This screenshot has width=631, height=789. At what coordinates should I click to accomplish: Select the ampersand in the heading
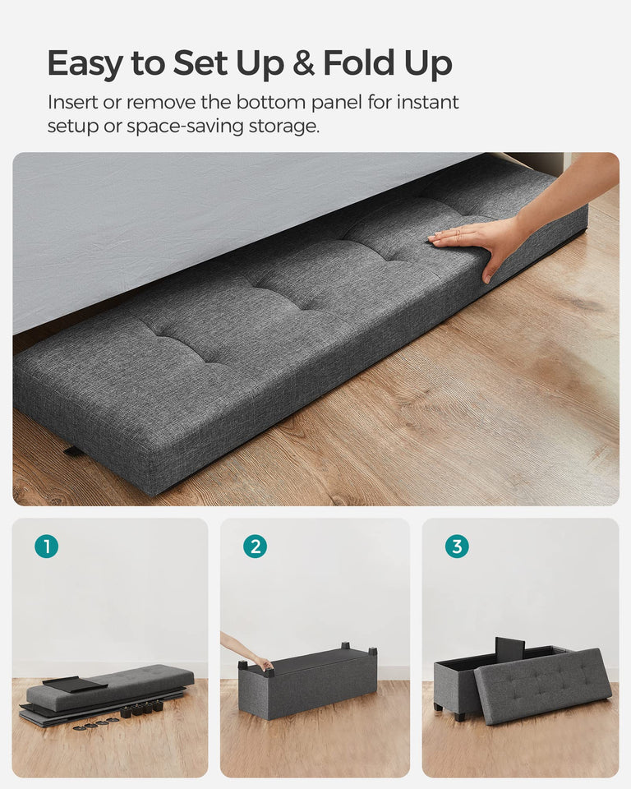coord(303,63)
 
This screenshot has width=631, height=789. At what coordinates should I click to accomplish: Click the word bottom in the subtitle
coord(274,103)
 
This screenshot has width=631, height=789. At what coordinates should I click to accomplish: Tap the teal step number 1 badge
coord(47,547)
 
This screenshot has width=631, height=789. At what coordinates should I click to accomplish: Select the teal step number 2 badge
coord(255,547)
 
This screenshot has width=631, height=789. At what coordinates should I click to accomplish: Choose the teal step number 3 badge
coord(457,547)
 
